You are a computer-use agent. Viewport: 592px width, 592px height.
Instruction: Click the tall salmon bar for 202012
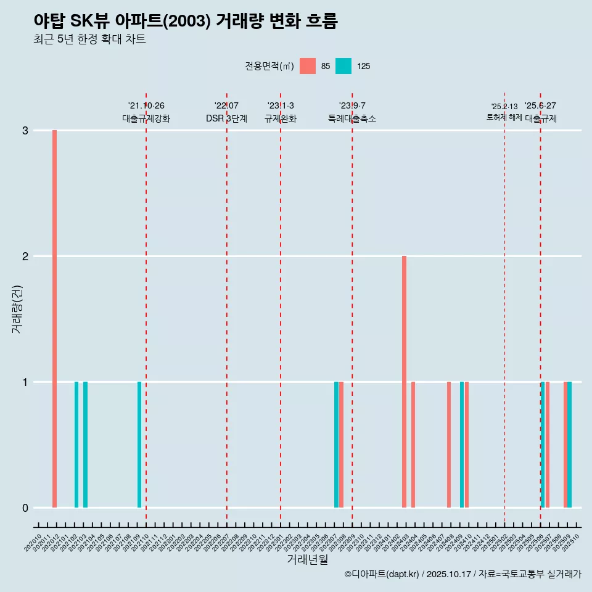point(54,319)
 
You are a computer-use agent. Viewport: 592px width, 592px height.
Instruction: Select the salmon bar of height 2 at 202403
point(405,382)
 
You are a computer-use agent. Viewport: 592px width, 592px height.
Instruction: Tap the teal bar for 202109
point(139,445)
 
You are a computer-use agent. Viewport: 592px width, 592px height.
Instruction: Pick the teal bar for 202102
point(76,445)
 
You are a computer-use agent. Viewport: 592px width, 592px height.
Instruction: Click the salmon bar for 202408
point(449,445)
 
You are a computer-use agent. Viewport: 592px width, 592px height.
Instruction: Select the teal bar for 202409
point(462,445)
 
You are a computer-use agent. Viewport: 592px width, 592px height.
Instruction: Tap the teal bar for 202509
point(570,445)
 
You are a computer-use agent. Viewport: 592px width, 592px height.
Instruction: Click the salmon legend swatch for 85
point(308,66)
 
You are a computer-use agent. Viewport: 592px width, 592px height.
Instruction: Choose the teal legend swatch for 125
point(343,66)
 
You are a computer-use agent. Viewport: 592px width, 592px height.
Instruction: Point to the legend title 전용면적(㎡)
point(269,67)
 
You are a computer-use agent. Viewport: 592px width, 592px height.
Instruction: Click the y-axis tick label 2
point(25,257)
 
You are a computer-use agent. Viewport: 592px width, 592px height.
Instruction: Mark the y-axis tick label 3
point(25,131)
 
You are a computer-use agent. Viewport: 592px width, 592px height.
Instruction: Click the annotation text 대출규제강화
point(146,118)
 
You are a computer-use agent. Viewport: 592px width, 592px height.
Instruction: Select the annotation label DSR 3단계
point(227,118)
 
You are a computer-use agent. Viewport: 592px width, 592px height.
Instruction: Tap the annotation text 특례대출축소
point(352,118)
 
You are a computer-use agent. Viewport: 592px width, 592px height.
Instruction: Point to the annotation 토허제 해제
point(504,117)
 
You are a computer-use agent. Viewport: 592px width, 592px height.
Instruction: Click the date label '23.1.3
point(281,106)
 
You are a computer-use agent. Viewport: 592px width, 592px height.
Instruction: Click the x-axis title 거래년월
point(307,559)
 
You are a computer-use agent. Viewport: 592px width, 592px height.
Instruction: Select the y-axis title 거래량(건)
point(17,309)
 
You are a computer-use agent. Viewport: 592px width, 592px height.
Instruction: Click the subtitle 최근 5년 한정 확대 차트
point(89,39)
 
